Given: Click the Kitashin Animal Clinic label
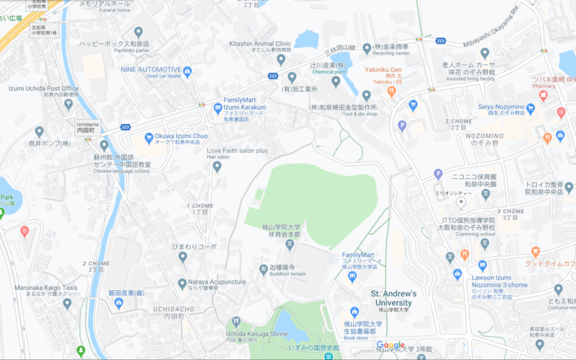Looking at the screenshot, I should (260, 43).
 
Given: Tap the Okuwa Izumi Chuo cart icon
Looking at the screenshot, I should (149, 137).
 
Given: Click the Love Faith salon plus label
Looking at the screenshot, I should (237, 151).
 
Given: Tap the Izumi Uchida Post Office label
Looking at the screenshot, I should (43, 88).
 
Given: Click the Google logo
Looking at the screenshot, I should (391, 345).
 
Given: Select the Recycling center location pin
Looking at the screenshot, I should (367, 49).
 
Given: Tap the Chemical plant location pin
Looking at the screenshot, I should (336, 82).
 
